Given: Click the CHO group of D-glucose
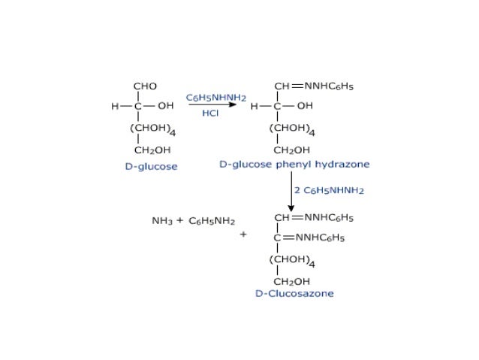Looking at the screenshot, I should click(146, 86).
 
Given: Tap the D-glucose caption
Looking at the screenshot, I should click(151, 167).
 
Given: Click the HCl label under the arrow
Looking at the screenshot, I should click(210, 114).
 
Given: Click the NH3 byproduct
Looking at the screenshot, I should click(161, 222).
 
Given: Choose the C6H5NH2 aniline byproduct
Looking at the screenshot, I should click(212, 222).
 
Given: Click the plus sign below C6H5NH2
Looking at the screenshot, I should click(243, 234).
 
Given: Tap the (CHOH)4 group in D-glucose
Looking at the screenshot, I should click(153, 129).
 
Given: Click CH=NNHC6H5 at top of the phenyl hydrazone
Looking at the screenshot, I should click(314, 86).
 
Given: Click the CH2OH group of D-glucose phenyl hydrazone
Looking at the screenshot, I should click(291, 150).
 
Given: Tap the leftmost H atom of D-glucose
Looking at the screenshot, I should click(115, 107).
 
